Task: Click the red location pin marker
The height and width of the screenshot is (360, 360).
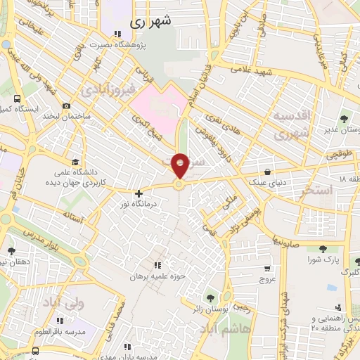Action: pos(181,165)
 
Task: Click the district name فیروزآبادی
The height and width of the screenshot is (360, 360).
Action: pos(105,91)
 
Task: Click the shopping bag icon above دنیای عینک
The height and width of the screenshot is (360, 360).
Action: pos(267,171)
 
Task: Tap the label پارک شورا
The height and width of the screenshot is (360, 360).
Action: pos(323,260)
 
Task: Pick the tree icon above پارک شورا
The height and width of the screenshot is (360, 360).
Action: pos(322,250)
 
